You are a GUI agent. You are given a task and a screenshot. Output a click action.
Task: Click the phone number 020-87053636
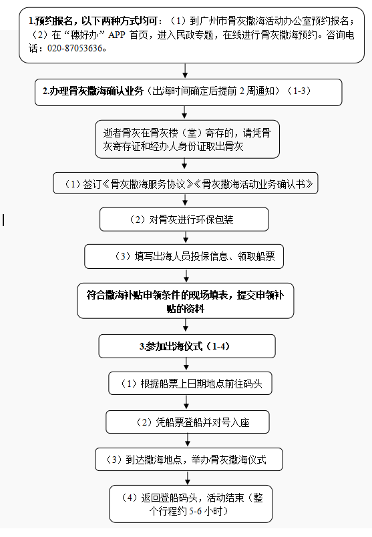[75, 48]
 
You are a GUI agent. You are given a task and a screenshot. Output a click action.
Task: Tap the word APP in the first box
[117, 35]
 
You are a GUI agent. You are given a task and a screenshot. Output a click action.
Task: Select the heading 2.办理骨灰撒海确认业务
[93, 91]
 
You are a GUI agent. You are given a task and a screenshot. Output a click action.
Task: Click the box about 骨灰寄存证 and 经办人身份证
[187, 139]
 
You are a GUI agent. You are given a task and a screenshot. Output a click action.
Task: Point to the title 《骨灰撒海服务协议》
[148, 184]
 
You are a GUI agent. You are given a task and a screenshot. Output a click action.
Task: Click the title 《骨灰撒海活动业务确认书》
[253, 184]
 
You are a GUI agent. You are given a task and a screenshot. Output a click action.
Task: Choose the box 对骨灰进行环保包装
[184, 219]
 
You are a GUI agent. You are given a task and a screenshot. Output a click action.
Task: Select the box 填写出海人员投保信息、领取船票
[184, 257]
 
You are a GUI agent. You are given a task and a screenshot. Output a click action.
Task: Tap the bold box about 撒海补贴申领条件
[186, 301]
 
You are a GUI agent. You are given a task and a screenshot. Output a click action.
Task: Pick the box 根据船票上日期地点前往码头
[190, 384]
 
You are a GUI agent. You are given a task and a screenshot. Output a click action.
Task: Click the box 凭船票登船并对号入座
[188, 422]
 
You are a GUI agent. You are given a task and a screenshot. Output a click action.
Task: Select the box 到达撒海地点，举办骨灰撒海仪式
[189, 460]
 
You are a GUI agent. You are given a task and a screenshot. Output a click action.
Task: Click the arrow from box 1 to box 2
[185, 71]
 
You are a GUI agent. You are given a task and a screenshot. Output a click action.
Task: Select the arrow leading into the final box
[188, 478]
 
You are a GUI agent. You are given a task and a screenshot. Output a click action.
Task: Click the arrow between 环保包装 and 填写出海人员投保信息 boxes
[186, 238]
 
